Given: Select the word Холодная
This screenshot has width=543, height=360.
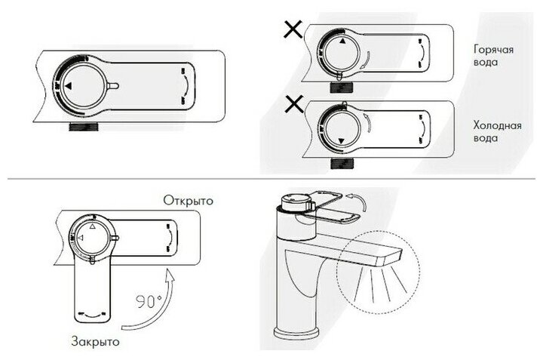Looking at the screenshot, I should [x=493, y=125].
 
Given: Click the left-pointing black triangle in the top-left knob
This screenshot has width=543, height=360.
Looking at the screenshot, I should [x=69, y=88].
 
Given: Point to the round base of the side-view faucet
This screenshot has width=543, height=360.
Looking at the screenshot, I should [x=291, y=331].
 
